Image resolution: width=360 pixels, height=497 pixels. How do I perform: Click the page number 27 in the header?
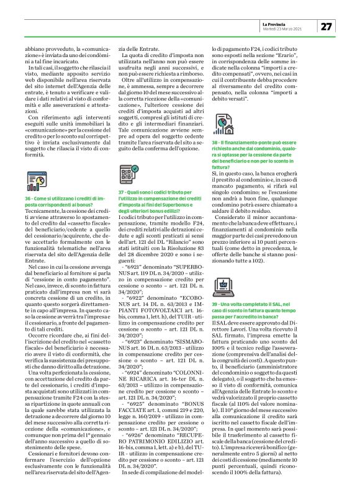(326, 26)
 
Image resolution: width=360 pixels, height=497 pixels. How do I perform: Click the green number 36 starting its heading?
(29, 197)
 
